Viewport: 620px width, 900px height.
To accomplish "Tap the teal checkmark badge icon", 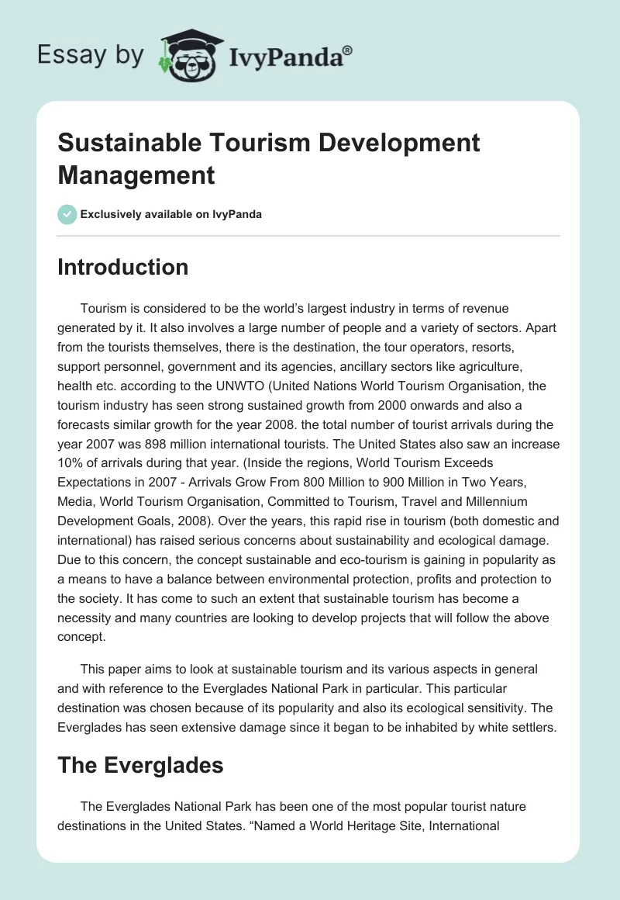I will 67,214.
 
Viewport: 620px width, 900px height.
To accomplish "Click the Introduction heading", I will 122,267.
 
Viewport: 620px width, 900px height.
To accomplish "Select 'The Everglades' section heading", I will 140,765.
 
